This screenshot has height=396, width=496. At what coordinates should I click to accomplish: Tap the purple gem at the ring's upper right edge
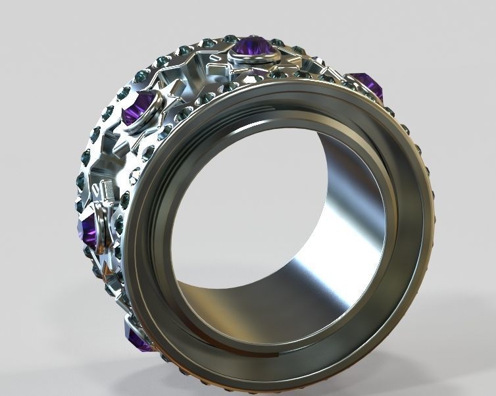pos(367,85)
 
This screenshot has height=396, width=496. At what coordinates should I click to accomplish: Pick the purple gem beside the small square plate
pos(87,230)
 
